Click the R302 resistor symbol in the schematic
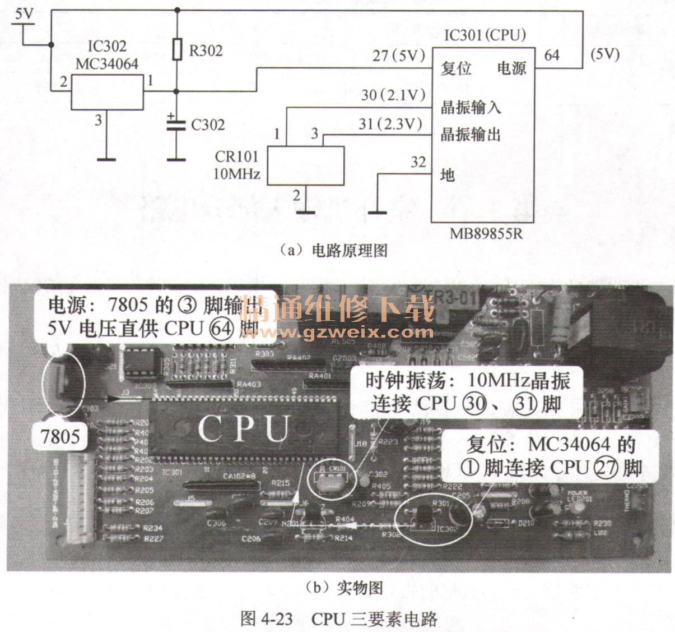(177, 49)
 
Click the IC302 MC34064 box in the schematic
(107, 91)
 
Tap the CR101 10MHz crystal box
(305, 165)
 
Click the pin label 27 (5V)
(398, 56)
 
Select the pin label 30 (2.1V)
(393, 95)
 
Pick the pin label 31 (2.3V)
(390, 124)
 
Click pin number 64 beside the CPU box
(552, 55)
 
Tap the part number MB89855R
(486, 233)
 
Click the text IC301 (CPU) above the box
(485, 35)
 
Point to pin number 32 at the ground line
(418, 163)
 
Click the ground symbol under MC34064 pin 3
(106, 159)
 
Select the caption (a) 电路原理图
(334, 250)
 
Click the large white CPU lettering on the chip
(245, 429)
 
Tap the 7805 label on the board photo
(60, 436)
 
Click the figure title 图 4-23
(267, 619)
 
